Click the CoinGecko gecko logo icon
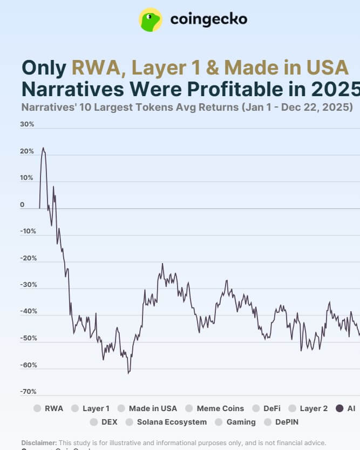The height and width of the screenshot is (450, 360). (x=151, y=19)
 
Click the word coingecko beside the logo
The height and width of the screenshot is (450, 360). (x=208, y=19)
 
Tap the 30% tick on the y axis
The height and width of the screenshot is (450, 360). (x=27, y=124)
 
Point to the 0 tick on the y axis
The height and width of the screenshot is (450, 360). (x=23, y=205)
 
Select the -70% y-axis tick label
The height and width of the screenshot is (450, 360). (x=28, y=391)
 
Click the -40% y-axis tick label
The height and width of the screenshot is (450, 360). (x=28, y=311)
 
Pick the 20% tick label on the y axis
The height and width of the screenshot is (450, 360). (x=27, y=151)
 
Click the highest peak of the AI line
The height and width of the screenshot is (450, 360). (x=43, y=148)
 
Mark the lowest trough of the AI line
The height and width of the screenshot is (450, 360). (x=128, y=373)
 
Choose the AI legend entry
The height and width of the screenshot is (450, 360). (x=345, y=408)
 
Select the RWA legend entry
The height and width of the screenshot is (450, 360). (x=49, y=408)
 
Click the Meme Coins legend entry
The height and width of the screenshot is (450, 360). (x=215, y=408)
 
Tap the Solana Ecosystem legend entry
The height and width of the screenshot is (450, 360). (x=166, y=422)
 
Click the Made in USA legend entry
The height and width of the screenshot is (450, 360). (x=147, y=408)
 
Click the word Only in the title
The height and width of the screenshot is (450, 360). (x=44, y=68)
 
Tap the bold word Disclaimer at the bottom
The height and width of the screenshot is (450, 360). (x=39, y=442)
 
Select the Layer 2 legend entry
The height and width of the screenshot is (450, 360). (x=308, y=408)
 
